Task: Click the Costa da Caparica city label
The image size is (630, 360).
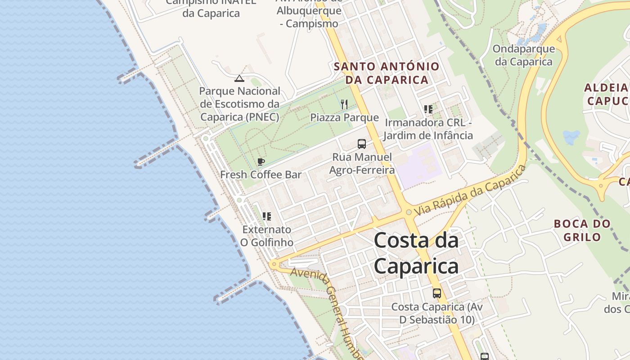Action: (x=416, y=253)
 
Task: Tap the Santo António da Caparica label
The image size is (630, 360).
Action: (x=387, y=73)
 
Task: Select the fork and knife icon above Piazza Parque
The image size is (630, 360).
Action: (x=344, y=104)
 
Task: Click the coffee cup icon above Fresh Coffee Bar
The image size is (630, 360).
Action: (x=261, y=162)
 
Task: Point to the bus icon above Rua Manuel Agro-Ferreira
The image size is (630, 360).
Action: (x=362, y=144)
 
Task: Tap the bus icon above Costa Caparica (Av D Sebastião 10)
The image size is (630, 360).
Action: (x=436, y=293)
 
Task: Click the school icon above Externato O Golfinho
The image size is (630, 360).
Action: (x=267, y=216)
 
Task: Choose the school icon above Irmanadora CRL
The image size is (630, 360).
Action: (x=428, y=109)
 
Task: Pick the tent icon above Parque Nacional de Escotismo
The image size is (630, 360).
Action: (x=239, y=78)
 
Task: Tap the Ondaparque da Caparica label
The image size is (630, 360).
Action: (x=524, y=55)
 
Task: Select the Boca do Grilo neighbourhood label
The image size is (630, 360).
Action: (x=582, y=230)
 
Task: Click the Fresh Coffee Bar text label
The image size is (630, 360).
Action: (x=261, y=175)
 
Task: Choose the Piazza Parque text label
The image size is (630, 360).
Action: (x=344, y=117)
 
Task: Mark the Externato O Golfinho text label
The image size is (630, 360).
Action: (x=266, y=236)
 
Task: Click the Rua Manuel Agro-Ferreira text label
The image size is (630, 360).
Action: (x=362, y=163)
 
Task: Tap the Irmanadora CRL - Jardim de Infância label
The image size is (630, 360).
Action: (x=428, y=129)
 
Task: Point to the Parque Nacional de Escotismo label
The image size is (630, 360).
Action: (x=240, y=104)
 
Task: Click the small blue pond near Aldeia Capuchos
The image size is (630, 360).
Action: (x=571, y=137)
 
